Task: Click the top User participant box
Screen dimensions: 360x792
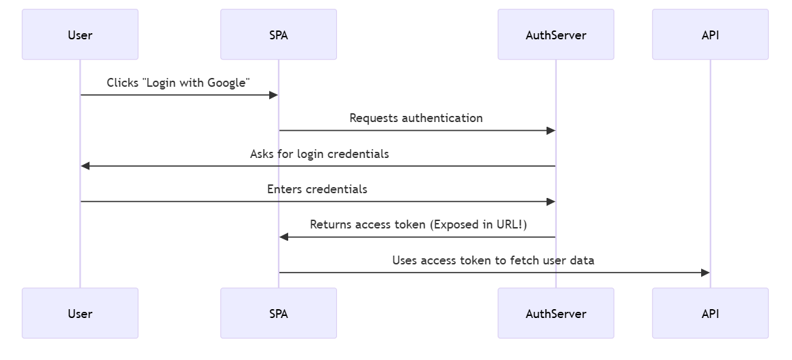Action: (x=80, y=35)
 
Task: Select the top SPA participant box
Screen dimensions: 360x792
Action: (x=278, y=35)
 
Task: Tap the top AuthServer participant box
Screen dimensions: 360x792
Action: (x=555, y=35)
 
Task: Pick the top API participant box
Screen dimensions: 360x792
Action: (x=710, y=35)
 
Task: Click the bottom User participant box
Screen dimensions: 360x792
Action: (x=80, y=313)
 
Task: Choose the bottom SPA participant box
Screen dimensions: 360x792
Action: (x=278, y=313)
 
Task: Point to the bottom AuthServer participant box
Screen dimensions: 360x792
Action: (x=555, y=313)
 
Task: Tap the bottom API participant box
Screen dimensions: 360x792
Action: (x=710, y=313)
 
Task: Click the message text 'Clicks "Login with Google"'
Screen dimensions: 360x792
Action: (x=178, y=83)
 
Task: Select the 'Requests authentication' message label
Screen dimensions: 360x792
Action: (x=416, y=118)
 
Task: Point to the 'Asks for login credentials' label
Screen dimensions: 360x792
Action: (x=319, y=154)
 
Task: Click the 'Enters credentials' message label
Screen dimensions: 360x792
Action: (x=317, y=189)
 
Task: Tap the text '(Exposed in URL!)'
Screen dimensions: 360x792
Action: (x=478, y=225)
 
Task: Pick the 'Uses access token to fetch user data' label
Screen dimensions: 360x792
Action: (x=493, y=260)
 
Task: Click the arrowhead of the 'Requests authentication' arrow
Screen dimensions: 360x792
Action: (x=550, y=131)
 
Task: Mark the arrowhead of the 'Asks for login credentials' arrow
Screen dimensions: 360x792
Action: (x=86, y=166)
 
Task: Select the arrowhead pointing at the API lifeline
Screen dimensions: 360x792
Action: (x=705, y=273)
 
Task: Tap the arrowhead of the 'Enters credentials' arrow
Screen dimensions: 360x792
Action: (x=550, y=202)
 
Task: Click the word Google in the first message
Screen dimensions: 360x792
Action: (x=226, y=83)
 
